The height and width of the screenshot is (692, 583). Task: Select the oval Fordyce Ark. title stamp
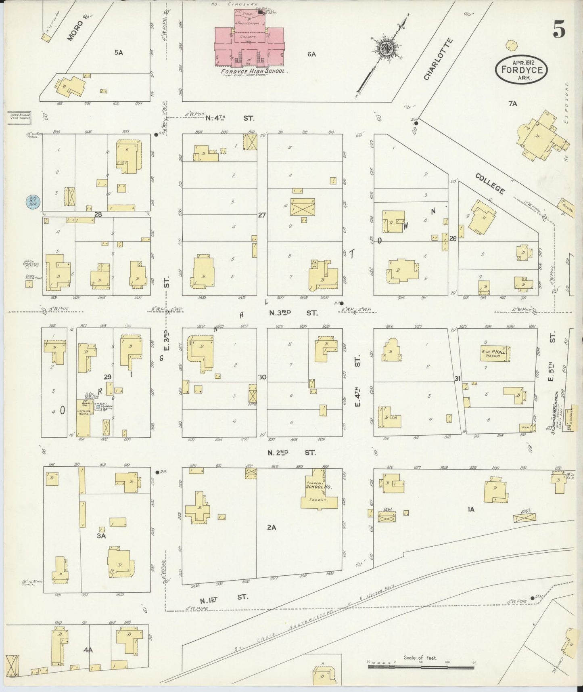coord(521,69)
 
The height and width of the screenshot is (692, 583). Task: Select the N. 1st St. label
coord(226,596)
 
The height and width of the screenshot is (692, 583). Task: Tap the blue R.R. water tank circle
coord(32,201)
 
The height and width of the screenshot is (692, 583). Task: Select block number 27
coord(262,215)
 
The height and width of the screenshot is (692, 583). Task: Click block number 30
coord(262,377)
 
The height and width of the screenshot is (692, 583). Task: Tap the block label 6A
coord(311,53)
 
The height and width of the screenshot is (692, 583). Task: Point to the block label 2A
coord(272,527)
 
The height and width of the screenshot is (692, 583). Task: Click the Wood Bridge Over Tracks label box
coord(19,116)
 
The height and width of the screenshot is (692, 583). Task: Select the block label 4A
coord(88,650)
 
